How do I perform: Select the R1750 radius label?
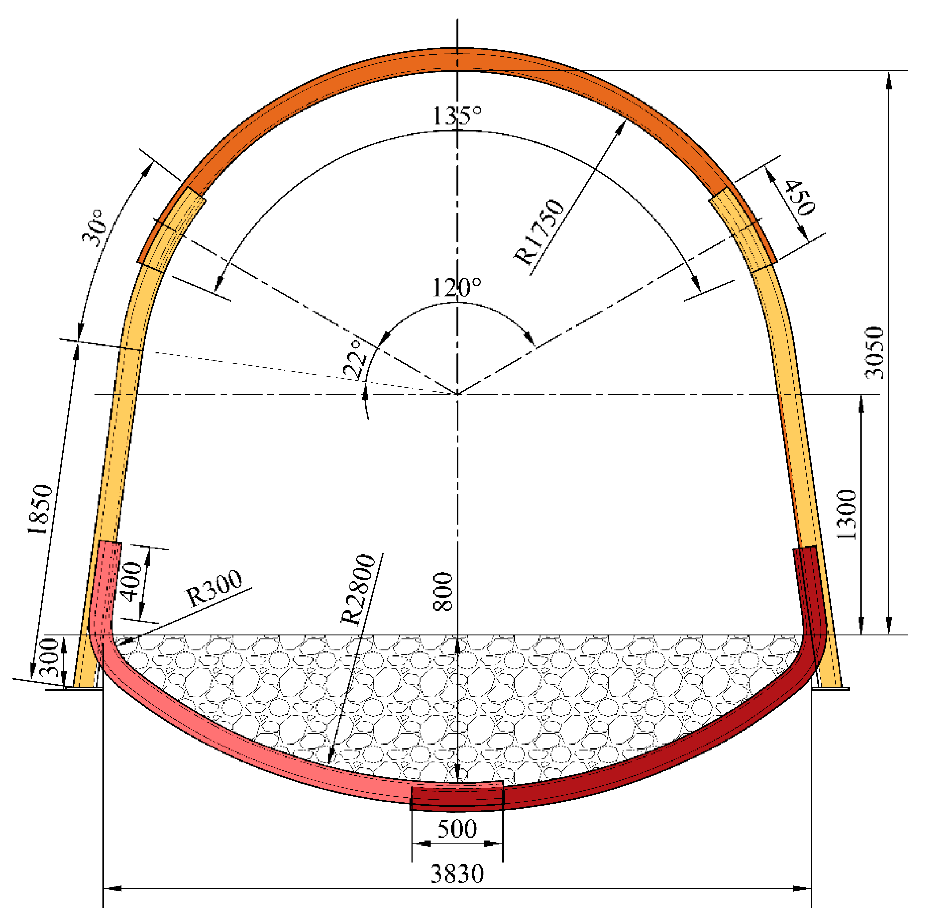[539, 231]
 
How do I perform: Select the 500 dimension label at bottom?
[457, 829]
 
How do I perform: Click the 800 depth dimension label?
[443, 592]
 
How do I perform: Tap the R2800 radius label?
[358, 589]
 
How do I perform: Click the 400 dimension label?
[132, 582]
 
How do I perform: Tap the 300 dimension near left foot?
[49, 658]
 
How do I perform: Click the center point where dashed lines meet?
[457, 394]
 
